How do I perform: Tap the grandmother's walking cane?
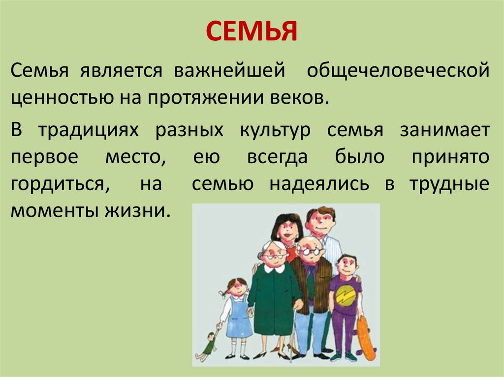[x=294, y=334]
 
